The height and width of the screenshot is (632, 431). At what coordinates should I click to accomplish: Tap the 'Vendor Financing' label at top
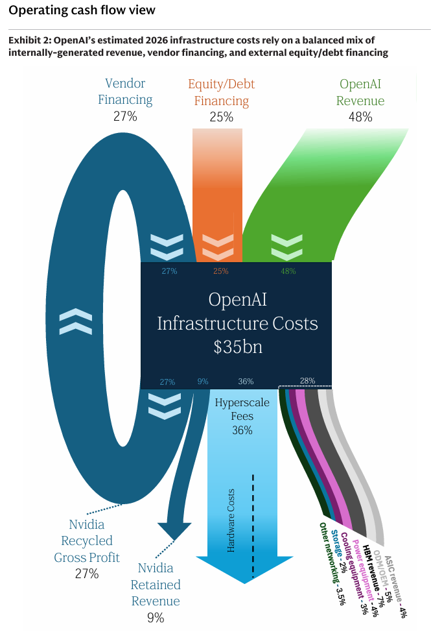tap(125, 91)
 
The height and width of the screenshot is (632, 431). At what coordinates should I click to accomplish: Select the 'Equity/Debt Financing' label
tap(221, 92)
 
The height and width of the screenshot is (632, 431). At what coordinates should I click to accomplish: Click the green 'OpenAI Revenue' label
tap(360, 92)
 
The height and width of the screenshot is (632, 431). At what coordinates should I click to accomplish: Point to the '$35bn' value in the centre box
tap(238, 346)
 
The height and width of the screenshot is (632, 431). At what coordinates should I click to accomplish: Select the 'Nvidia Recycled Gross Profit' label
tap(86, 541)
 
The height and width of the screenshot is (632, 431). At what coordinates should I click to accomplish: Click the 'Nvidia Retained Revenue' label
tap(156, 584)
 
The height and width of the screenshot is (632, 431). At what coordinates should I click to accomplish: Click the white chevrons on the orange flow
tap(218, 246)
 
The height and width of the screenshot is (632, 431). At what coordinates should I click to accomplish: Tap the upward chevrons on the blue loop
tap(75, 322)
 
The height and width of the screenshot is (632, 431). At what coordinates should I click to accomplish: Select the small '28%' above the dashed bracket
tap(307, 381)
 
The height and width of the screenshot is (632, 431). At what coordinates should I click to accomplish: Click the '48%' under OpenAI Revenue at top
tap(360, 117)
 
